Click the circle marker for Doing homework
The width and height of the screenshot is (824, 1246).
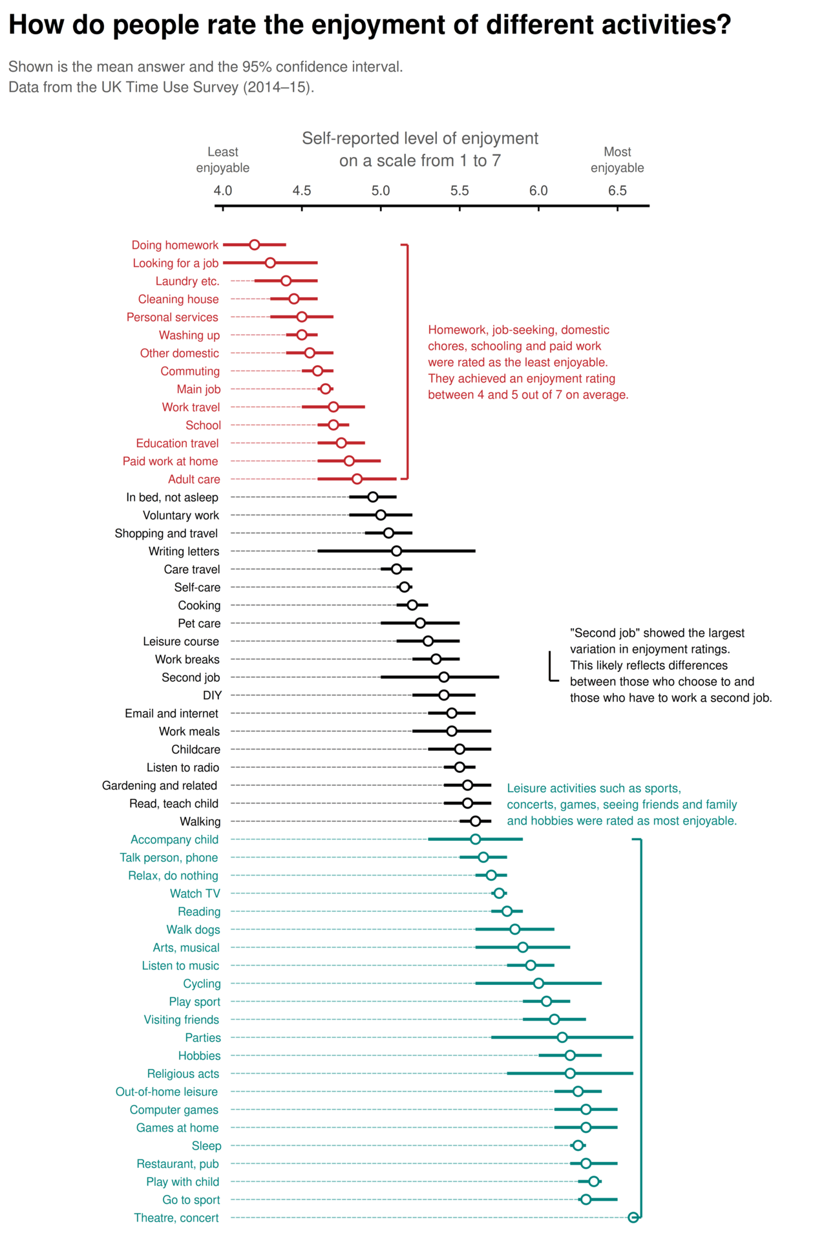(255, 245)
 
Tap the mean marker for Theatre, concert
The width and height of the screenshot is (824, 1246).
(633, 1218)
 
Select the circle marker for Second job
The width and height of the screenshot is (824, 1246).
(444, 677)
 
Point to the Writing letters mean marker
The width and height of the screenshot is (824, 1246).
(397, 551)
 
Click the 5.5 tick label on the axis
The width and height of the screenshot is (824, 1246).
(460, 191)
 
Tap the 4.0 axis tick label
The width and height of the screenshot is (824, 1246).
(223, 191)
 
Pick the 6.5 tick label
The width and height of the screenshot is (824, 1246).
(617, 191)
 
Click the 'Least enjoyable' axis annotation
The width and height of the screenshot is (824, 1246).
(223, 160)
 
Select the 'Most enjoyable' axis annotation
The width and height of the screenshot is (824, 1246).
(617, 160)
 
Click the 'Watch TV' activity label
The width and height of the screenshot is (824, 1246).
(195, 894)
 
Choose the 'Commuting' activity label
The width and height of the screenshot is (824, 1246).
(190, 372)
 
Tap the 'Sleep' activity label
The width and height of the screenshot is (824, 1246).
(206, 1146)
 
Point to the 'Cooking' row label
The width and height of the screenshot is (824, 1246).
(199, 606)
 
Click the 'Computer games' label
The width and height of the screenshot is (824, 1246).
(174, 1110)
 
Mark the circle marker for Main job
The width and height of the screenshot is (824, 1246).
(326, 389)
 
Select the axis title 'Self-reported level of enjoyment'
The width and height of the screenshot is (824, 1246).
(420, 138)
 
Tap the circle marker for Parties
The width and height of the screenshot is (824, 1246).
(562, 1037)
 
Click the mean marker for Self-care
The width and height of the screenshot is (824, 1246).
(405, 587)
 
